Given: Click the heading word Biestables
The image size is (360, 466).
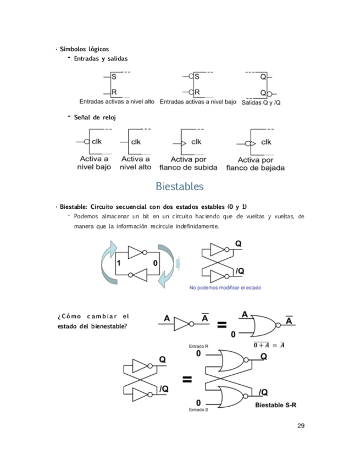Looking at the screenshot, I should point(180,187).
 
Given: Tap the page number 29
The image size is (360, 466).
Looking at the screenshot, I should point(301,425).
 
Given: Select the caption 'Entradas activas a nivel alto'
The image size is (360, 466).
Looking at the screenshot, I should point(117,102).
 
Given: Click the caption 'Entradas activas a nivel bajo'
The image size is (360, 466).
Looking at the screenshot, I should point(198,102).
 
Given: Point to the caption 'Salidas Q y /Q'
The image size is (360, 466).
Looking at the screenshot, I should point(261,103).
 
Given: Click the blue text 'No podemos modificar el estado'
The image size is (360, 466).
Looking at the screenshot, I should point(225,287).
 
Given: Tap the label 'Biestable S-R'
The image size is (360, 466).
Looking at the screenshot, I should point(275,406).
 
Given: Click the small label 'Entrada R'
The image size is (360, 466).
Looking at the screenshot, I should point(198,347).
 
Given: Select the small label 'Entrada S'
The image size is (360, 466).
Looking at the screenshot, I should point(198,410).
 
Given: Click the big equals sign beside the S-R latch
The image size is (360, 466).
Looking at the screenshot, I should point(187,379).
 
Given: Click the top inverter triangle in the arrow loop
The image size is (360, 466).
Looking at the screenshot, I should point(135,252).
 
